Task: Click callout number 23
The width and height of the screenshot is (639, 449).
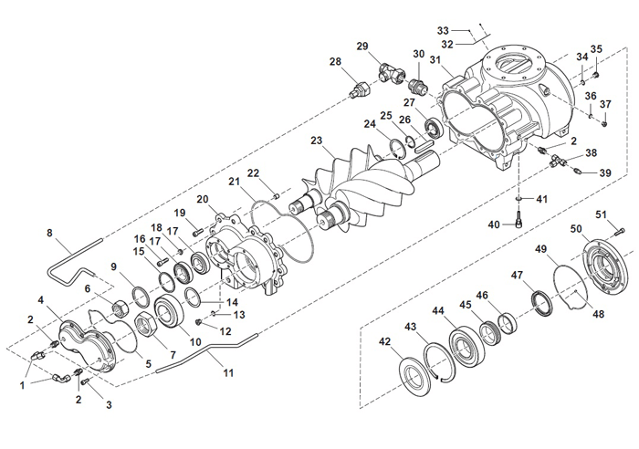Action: pos(317,141)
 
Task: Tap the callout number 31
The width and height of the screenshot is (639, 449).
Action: pos(436,60)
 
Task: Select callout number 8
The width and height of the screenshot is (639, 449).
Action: pos(49,233)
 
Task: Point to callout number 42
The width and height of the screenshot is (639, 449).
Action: pos(384,341)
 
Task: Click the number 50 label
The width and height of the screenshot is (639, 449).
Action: pos(577,227)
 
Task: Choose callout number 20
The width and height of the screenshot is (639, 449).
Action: pos(203,199)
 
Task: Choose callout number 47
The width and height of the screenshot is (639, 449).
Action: pos(517,275)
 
